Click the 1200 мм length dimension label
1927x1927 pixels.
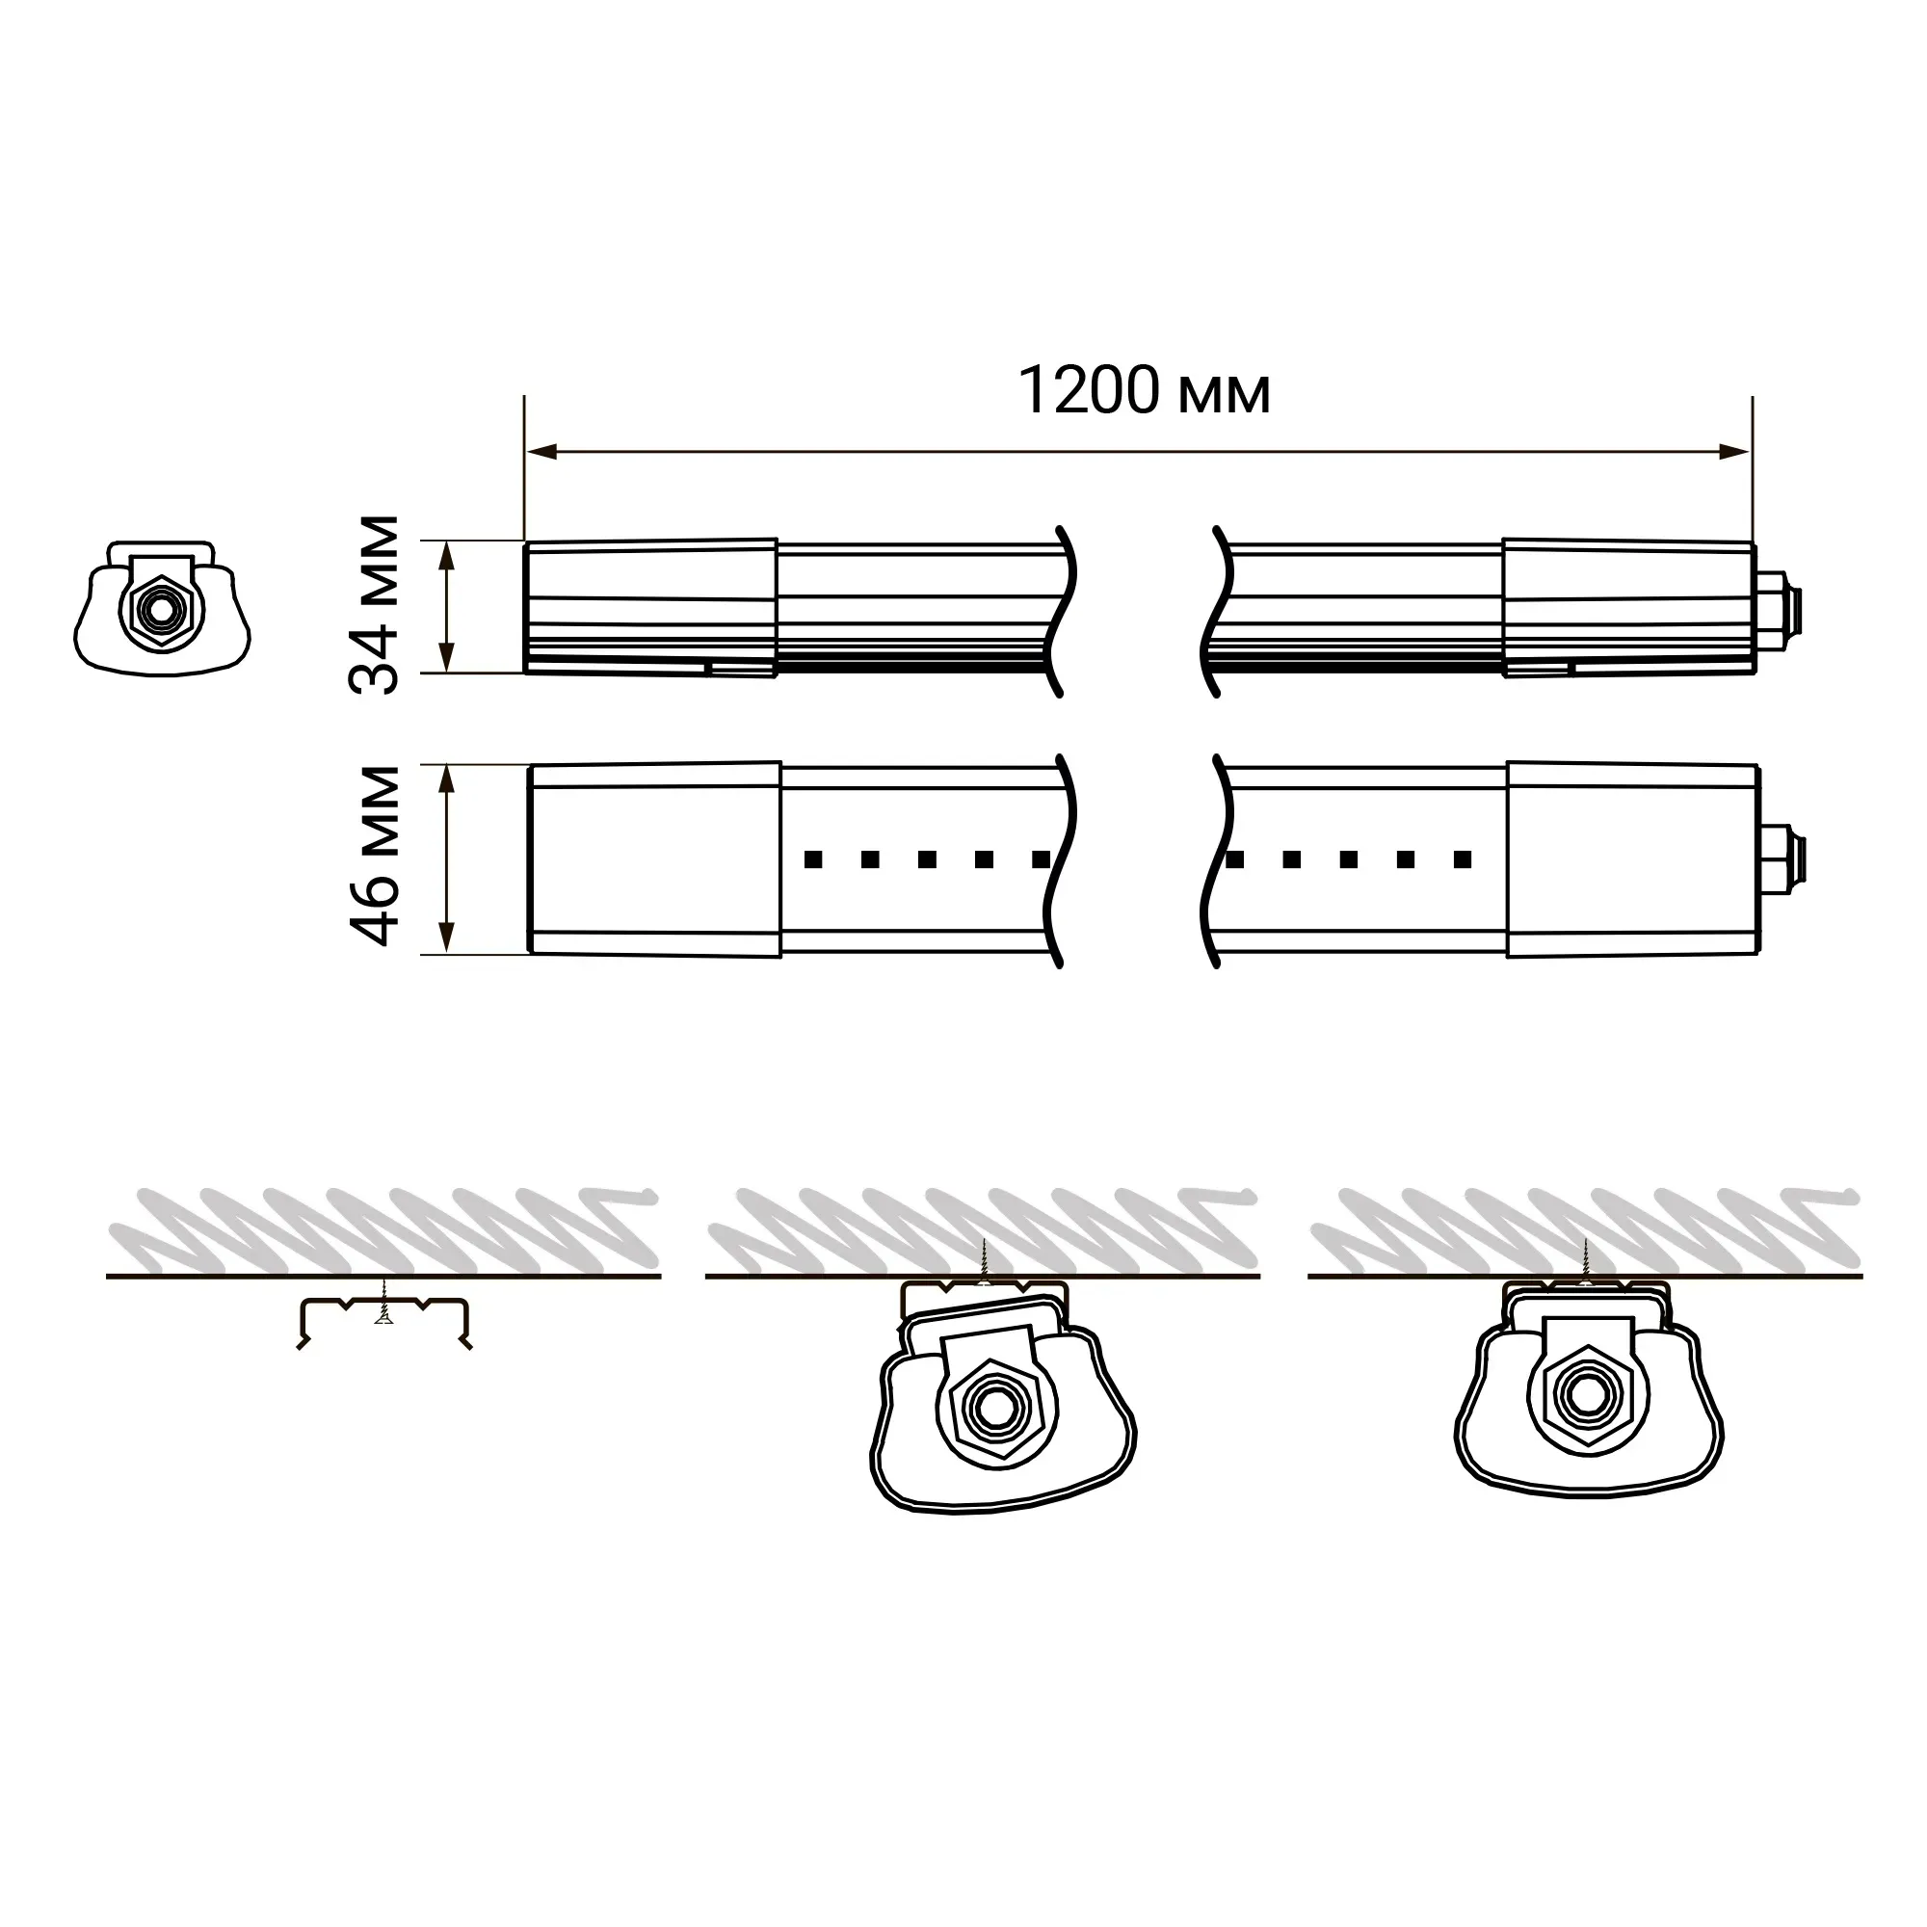coord(1144,390)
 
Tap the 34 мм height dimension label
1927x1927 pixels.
coord(375,605)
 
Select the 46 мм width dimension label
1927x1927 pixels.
coord(375,855)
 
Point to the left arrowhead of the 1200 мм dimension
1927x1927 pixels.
coord(541,452)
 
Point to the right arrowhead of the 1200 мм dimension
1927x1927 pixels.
coord(1735,452)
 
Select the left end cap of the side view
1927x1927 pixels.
coord(651,607)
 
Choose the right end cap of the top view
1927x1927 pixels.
coord(1633,858)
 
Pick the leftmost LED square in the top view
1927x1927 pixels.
coord(813,858)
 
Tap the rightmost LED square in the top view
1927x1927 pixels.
coord(1464,858)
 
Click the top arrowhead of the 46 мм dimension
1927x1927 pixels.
coord(448,780)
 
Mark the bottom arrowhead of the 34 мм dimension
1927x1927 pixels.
coord(448,656)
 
